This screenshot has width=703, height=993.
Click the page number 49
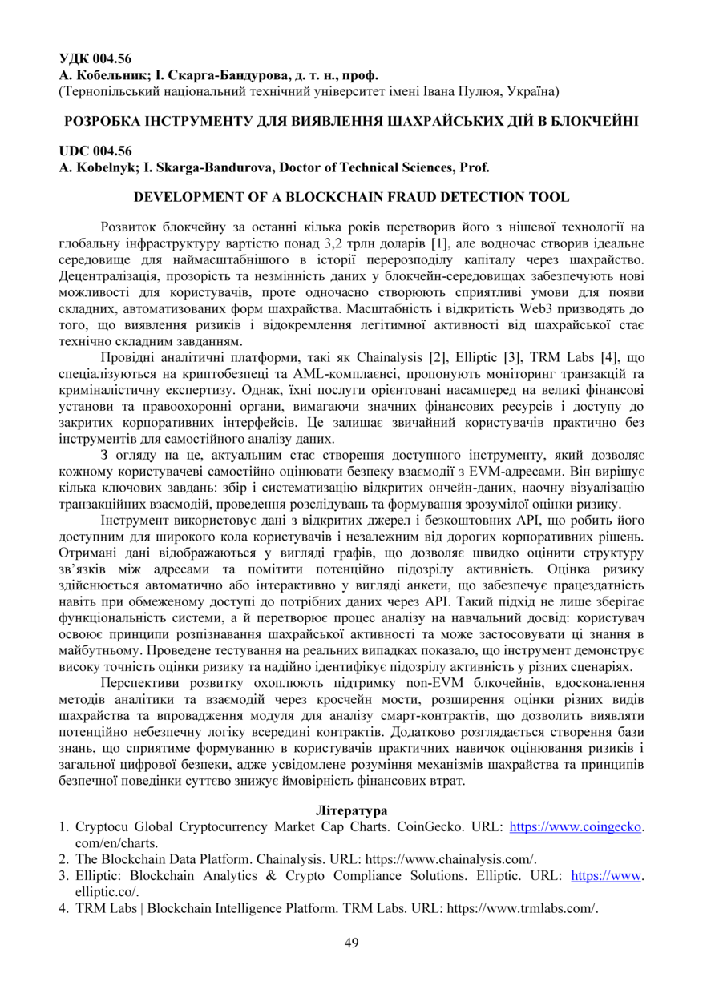[351, 943]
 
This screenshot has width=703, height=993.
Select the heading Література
[351, 810]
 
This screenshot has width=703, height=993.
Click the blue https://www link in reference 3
[607, 875]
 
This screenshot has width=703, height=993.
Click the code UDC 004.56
[95, 151]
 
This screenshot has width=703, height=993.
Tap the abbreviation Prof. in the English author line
[472, 167]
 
